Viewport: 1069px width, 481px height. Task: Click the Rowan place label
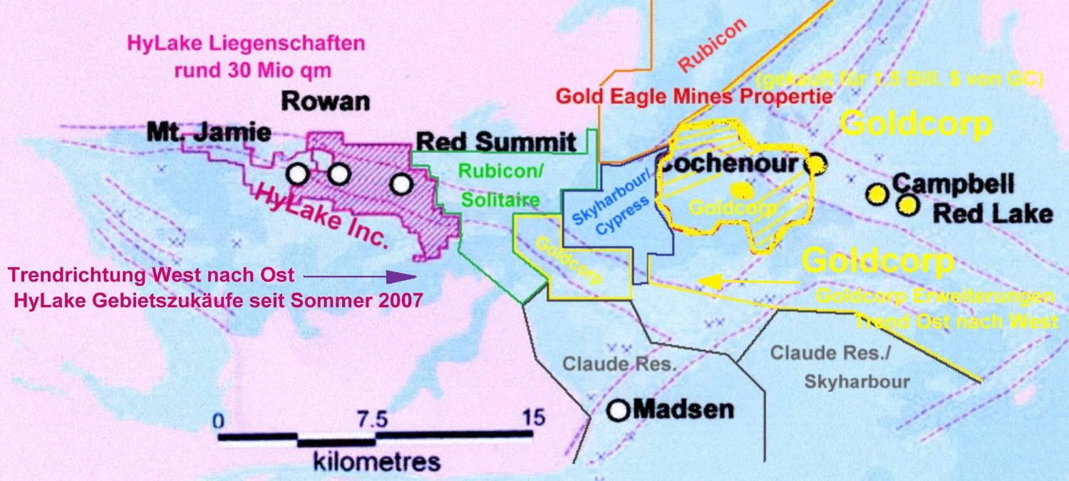coord(326,101)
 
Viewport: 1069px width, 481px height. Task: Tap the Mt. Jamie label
coord(209,132)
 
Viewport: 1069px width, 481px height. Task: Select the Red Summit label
coord(496,142)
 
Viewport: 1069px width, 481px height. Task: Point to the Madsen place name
coord(683,410)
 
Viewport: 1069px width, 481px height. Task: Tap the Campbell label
coord(953,185)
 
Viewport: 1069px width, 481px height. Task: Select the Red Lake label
coord(992,213)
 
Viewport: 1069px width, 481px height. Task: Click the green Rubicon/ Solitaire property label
coord(500,186)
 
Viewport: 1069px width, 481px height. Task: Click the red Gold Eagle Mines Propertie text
coord(693,96)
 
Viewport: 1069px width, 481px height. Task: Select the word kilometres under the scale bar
coord(376,462)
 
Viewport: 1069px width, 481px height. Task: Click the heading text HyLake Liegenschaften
coord(246,43)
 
